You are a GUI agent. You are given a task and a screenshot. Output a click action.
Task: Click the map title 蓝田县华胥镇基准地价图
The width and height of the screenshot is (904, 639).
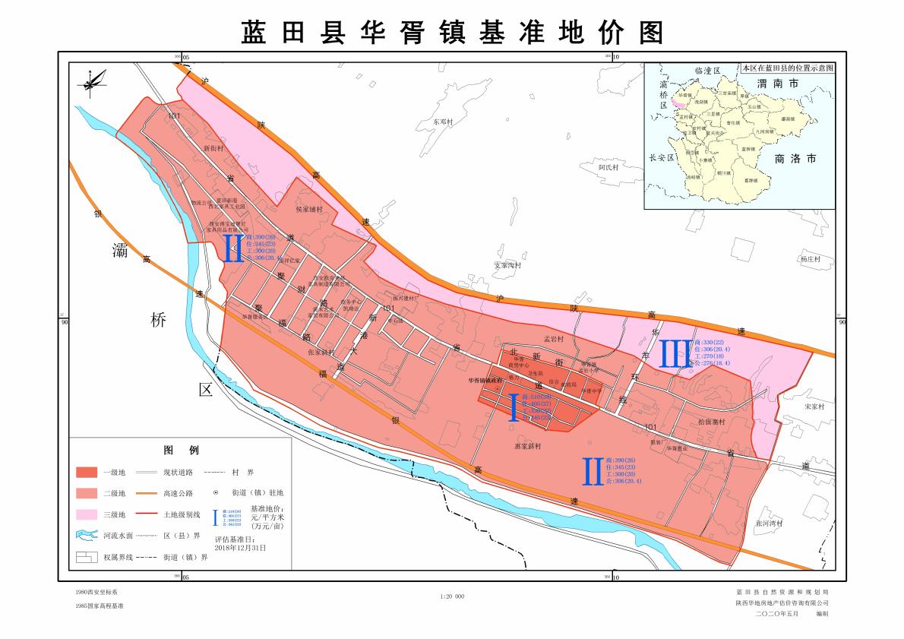(x=452, y=32)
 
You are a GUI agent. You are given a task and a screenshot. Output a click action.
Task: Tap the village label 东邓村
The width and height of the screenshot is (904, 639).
(x=443, y=122)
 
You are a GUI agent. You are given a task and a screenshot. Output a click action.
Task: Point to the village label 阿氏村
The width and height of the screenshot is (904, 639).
(x=609, y=167)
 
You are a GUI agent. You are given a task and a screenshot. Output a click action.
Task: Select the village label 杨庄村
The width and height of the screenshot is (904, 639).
(x=810, y=259)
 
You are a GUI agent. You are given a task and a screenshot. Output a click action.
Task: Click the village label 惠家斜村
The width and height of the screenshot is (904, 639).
(x=527, y=447)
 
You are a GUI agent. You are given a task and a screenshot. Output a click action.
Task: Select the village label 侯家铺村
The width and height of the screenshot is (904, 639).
(x=309, y=209)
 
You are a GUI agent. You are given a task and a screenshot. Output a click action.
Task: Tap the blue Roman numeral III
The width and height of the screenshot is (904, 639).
(x=675, y=354)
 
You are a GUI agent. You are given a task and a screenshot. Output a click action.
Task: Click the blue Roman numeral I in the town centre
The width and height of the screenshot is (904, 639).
(x=514, y=407)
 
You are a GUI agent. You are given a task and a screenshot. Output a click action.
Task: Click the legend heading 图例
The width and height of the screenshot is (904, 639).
(x=180, y=451)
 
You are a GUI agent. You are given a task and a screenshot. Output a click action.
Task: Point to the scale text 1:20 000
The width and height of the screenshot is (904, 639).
(x=452, y=596)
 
